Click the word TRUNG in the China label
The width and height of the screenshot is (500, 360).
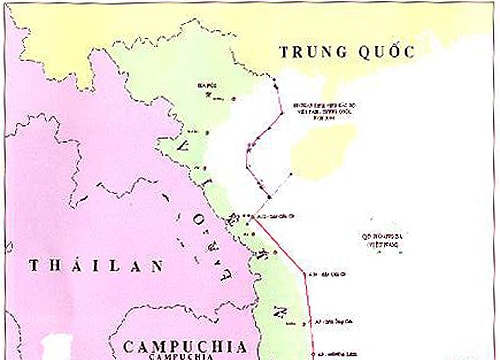[310, 51]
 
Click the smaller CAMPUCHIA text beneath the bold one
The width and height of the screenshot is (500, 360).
[179, 355]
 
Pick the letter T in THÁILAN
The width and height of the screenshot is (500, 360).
[35, 266]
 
